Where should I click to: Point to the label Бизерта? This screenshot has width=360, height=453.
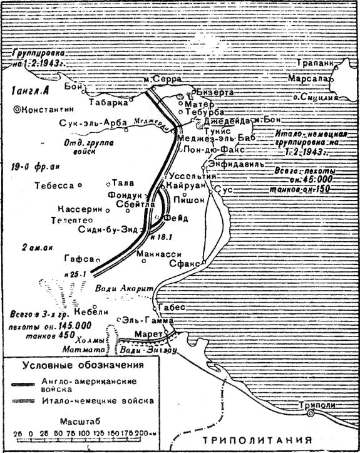coord(214,92)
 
